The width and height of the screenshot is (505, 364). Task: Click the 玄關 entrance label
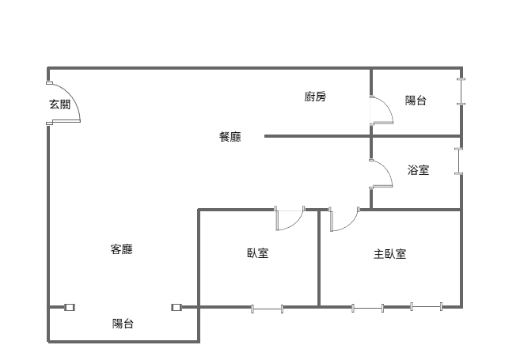pyautogui.click(x=59, y=104)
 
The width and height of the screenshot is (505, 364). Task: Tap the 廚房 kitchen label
pyautogui.click(x=315, y=97)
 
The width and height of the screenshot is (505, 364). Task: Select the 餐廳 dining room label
pyautogui.click(x=230, y=137)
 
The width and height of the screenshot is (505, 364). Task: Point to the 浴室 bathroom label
pyautogui.click(x=419, y=169)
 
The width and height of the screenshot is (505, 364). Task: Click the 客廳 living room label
pyautogui.click(x=121, y=250)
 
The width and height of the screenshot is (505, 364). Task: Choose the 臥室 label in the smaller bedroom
pyautogui.click(x=257, y=254)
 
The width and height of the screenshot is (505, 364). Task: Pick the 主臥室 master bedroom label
pyautogui.click(x=390, y=254)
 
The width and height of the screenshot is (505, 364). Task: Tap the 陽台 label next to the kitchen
pyautogui.click(x=416, y=100)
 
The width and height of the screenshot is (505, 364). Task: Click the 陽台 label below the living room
pyautogui.click(x=123, y=323)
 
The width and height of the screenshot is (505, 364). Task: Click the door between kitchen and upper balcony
pyautogui.click(x=381, y=110)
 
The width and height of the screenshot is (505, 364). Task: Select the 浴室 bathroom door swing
pyautogui.click(x=381, y=174)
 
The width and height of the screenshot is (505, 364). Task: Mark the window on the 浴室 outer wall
pyautogui.click(x=458, y=161)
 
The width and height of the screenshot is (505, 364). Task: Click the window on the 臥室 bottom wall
pyautogui.click(x=268, y=307)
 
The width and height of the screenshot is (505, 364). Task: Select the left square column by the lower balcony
pyautogui.click(x=70, y=307)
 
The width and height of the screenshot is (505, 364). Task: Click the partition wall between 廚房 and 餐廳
pyautogui.click(x=317, y=136)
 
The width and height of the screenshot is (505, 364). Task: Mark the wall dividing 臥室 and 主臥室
pyautogui.click(x=319, y=257)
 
